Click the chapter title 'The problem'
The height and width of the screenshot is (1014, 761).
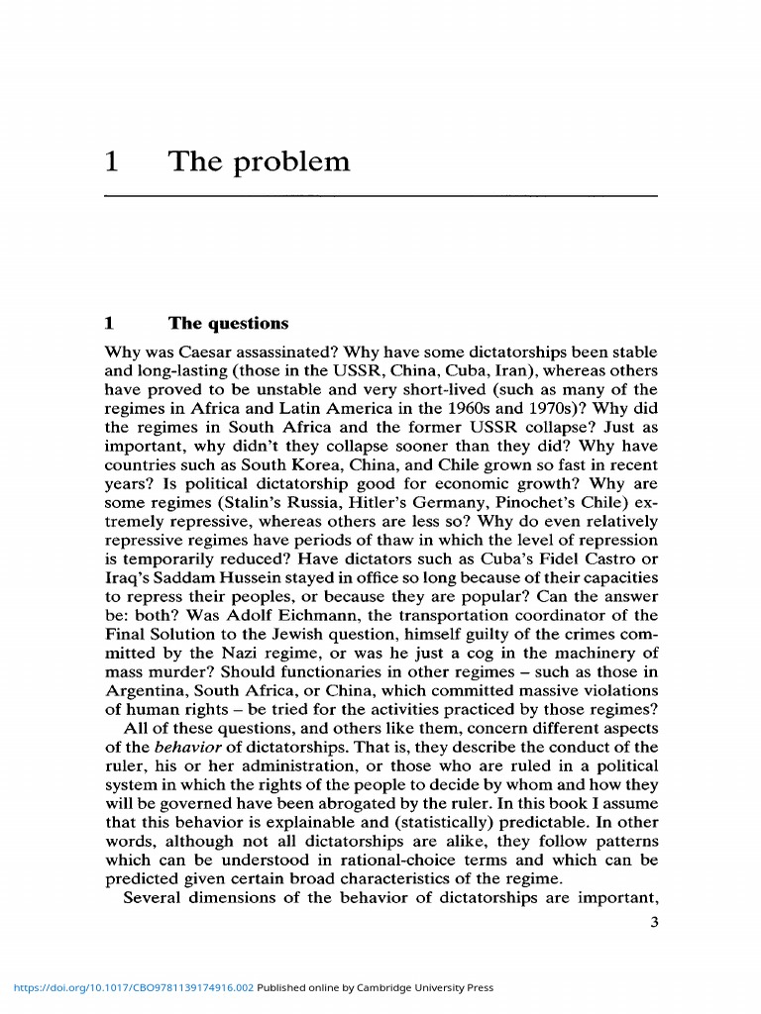point(259,161)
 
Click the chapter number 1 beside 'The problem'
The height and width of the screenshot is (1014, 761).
point(112,161)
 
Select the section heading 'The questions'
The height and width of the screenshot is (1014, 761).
point(228,323)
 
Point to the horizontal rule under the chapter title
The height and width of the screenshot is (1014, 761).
point(380,196)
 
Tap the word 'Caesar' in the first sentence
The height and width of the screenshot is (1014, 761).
point(207,353)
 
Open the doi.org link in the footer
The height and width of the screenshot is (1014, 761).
point(133,987)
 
